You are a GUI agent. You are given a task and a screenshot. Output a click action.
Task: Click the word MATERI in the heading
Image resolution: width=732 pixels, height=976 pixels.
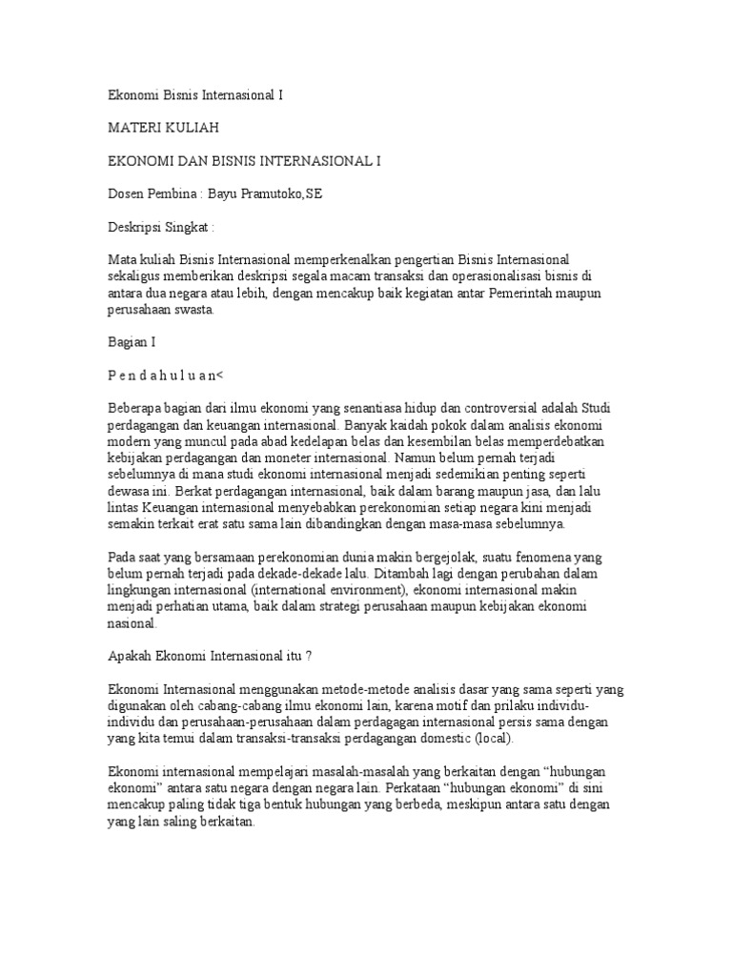coord(132,128)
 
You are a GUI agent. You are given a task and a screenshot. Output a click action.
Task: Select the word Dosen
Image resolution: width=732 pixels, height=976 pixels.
coord(126,194)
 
